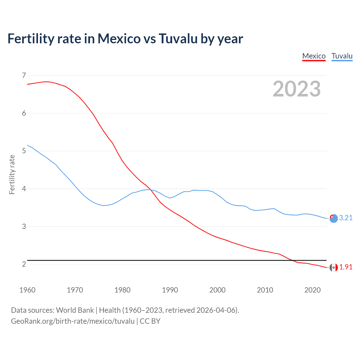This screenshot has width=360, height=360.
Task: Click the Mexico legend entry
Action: (314, 56)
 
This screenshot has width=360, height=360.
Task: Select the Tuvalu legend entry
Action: (342, 56)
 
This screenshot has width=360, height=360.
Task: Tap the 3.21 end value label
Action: (346, 218)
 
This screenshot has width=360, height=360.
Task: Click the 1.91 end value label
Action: (346, 267)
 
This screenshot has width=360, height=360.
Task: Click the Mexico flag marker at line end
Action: (334, 267)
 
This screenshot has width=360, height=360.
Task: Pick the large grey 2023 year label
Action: (296, 89)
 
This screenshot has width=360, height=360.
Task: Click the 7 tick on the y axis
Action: (24, 75)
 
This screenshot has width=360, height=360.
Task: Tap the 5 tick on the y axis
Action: (24, 151)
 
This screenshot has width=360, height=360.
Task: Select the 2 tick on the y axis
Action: (24, 264)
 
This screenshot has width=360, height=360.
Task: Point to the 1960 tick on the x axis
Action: (27, 290)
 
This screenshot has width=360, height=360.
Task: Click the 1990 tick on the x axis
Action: (170, 290)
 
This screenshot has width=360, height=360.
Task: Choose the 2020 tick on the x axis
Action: (312, 290)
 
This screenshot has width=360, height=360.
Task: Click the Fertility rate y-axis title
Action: (12, 174)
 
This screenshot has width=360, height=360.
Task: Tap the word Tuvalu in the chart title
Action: (178, 39)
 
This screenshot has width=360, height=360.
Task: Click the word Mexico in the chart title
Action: (119, 39)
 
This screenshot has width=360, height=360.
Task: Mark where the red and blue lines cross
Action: (151, 190)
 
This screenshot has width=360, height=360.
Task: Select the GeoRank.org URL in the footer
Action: (73, 321)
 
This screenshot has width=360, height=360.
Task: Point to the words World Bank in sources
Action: (75, 310)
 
